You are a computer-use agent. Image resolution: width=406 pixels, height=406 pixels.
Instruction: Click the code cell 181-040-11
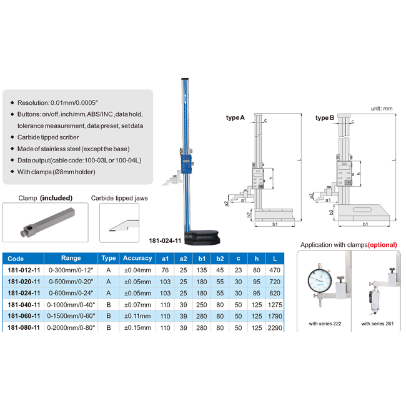24,305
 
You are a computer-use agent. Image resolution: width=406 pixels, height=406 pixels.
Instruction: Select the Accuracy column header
137,258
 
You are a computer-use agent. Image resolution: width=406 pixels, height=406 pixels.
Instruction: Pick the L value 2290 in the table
275,328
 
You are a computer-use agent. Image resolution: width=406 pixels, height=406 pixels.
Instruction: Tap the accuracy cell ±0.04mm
137,270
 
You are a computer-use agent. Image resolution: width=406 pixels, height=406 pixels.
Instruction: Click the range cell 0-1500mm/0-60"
71,316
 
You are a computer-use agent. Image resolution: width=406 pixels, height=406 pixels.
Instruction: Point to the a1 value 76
165,270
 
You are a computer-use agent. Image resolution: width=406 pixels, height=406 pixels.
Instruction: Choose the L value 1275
275,305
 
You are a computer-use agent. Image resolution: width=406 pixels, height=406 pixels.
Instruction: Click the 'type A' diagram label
235,118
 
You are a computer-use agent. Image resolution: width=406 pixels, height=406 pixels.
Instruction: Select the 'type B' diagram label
325,118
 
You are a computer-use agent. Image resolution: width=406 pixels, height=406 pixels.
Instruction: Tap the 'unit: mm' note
382,109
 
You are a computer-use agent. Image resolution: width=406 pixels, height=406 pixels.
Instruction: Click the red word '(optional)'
382,245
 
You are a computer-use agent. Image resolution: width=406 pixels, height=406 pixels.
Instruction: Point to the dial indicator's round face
320,280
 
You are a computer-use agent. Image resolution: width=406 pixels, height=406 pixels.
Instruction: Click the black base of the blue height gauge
202,237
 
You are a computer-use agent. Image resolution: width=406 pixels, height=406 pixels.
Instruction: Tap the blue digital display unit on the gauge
186,164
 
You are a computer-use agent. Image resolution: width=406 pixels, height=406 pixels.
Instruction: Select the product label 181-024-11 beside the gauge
165,241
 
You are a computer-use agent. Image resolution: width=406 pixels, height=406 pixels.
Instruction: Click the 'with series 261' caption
377,324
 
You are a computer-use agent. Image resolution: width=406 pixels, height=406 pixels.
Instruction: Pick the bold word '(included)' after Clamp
56,198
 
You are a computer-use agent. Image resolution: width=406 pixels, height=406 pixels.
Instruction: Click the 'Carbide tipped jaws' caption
119,199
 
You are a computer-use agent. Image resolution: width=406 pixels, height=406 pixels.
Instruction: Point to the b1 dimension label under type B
365,224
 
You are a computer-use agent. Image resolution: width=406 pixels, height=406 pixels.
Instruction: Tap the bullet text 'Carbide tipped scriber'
48,137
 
